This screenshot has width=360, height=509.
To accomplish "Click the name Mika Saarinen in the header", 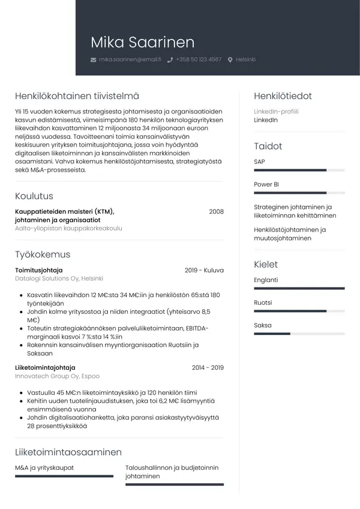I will click(x=143, y=42).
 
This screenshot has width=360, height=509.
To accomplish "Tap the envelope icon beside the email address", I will click(x=93, y=60).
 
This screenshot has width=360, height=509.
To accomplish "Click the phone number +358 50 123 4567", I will click(x=199, y=60).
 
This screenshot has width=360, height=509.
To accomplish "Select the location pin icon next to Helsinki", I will click(x=230, y=60).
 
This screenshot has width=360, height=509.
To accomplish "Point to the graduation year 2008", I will click(x=216, y=211).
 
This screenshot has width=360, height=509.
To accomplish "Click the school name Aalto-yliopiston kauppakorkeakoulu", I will click(x=68, y=229).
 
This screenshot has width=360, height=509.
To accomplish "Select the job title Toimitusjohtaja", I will click(x=39, y=270).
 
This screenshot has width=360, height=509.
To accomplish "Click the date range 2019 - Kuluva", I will click(x=204, y=270).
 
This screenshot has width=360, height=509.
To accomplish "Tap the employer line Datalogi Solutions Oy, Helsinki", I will click(x=59, y=279).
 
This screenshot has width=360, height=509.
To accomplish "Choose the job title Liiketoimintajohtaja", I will click(x=45, y=367).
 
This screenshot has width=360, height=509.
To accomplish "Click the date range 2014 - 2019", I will click(x=208, y=367).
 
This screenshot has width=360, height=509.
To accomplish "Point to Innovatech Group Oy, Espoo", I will click(x=57, y=376).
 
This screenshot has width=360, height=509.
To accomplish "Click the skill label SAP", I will click(x=259, y=162).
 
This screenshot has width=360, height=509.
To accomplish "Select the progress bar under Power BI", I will click(x=299, y=193).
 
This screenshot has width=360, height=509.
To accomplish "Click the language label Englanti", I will click(x=266, y=280).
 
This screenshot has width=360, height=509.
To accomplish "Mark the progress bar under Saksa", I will click(x=299, y=334).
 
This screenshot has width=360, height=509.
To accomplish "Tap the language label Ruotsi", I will click(x=263, y=303).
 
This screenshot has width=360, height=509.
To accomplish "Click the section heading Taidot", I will click(x=268, y=146).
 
